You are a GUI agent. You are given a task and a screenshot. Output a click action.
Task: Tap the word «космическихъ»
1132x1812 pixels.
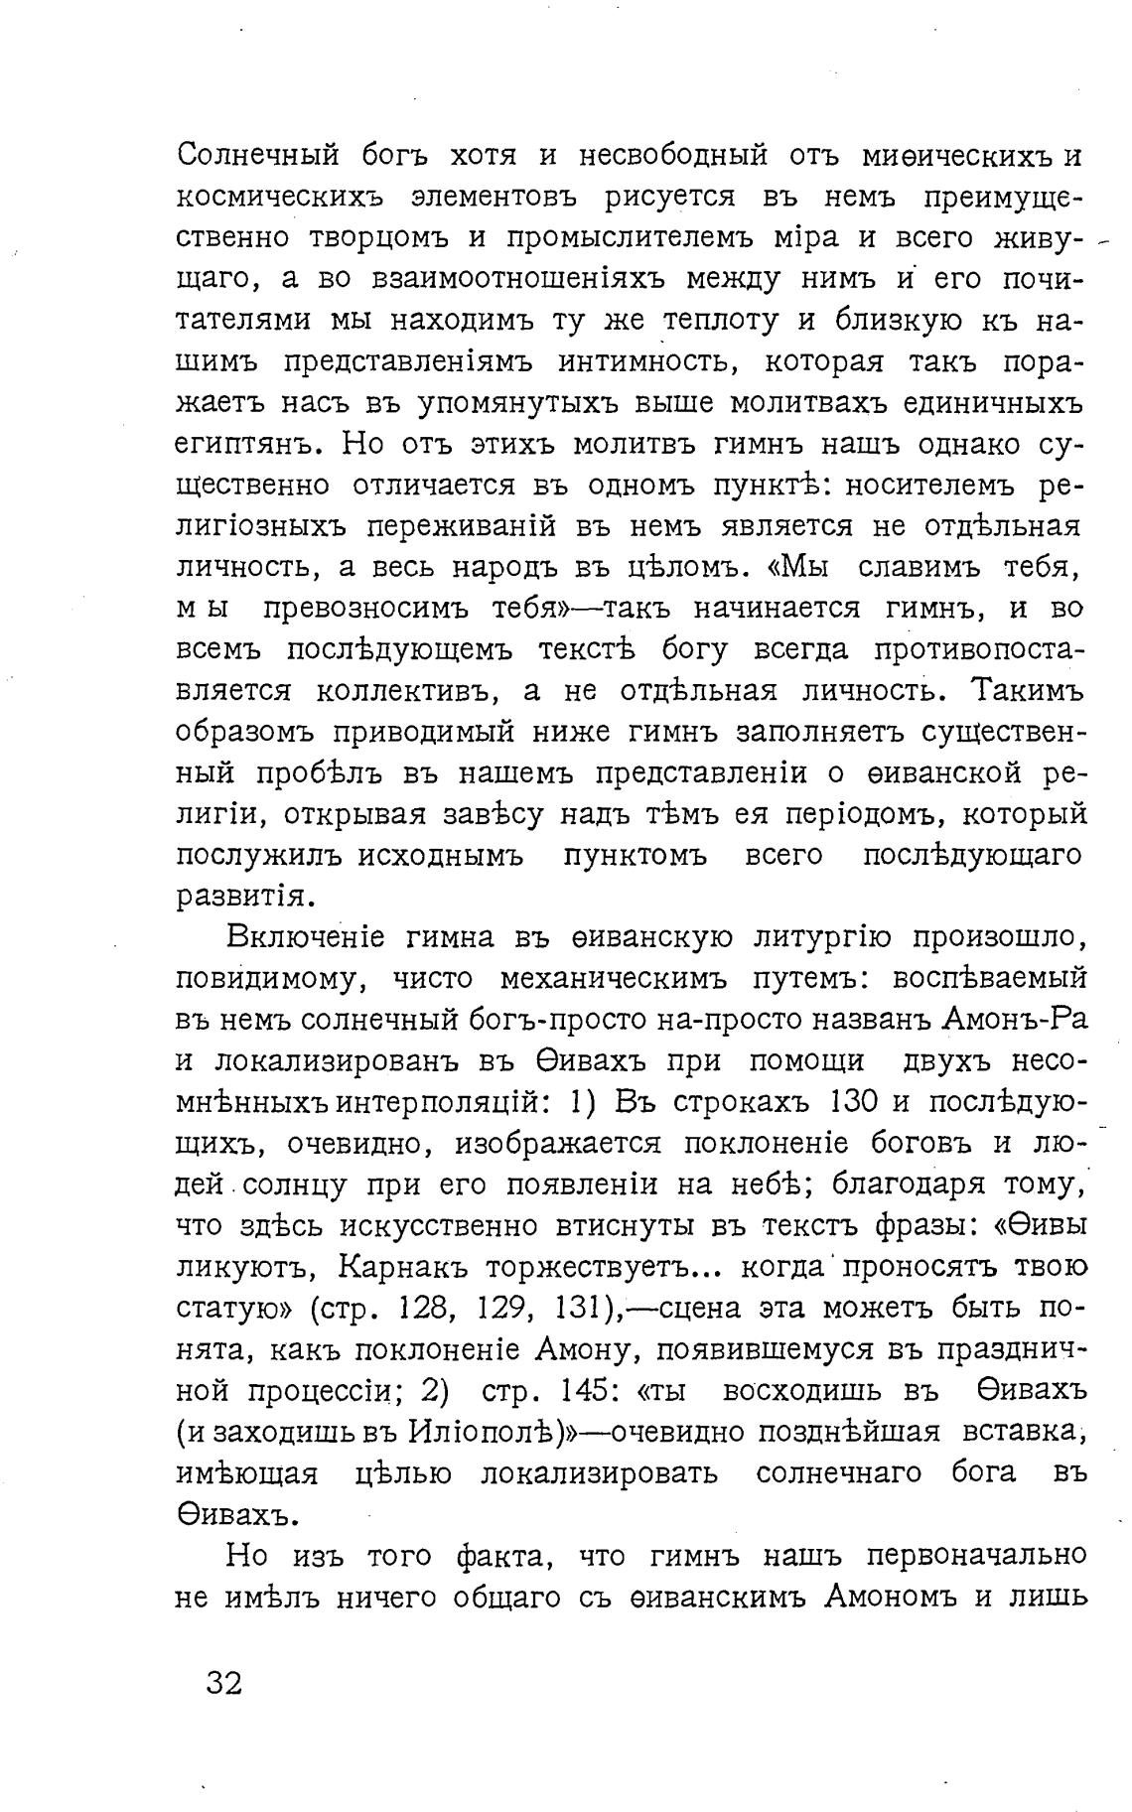click(275, 198)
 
